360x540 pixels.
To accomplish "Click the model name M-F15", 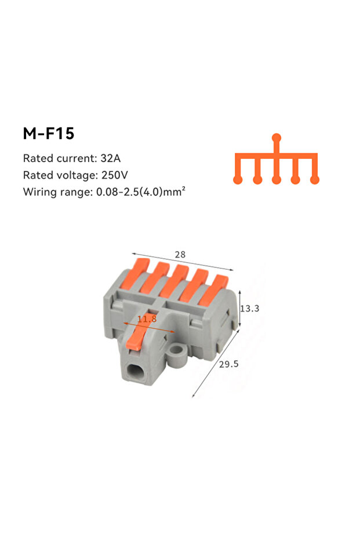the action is pyautogui.click(x=49, y=133).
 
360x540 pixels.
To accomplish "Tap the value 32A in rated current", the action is pyautogui.click(x=111, y=158).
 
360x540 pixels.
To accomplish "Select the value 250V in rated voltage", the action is pyautogui.click(x=115, y=175).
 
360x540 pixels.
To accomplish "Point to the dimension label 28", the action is pyautogui.click(x=180, y=255).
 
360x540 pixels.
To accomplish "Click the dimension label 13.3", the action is pyautogui.click(x=249, y=308).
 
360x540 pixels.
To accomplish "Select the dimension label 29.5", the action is pyautogui.click(x=228, y=364).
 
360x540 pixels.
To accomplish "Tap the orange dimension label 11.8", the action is pyautogui.click(x=147, y=319).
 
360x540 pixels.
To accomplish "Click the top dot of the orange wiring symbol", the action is pyautogui.click(x=277, y=138).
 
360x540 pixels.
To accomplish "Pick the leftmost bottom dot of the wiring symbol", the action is pyautogui.click(x=238, y=179).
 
